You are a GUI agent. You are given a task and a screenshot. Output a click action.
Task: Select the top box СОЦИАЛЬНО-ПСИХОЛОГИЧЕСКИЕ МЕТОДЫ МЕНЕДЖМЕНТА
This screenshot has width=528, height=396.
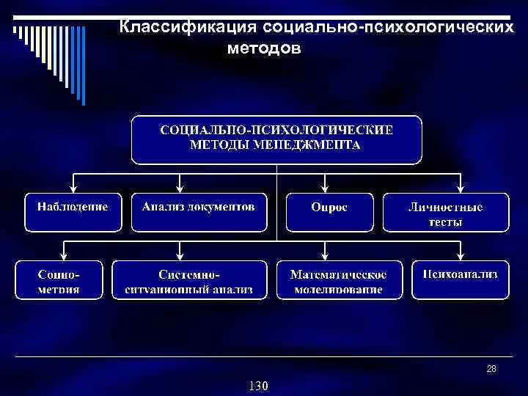pyautogui.click(x=276, y=139)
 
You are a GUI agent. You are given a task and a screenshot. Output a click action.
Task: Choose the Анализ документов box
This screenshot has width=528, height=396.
pyautogui.click(x=199, y=212)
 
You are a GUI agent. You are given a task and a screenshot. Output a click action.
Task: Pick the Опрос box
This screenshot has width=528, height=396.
pyautogui.click(x=329, y=212)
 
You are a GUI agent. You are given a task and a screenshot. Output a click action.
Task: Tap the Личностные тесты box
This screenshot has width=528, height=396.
pyautogui.click(x=445, y=213)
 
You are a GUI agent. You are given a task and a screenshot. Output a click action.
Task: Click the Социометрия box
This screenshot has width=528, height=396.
pyautogui.click(x=59, y=280)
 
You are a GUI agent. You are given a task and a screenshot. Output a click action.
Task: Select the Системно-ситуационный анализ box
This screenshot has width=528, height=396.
pyautogui.click(x=188, y=280)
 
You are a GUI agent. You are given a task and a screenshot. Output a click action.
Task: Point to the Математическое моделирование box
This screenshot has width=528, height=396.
pyautogui.click(x=339, y=280)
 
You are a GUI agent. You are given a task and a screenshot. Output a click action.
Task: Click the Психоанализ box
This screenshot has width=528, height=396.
pyautogui.click(x=460, y=279)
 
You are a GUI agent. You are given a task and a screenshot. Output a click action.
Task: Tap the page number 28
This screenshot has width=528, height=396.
pyautogui.click(x=491, y=369)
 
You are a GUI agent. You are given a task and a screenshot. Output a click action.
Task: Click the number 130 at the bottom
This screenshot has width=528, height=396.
pyautogui.click(x=259, y=386)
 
